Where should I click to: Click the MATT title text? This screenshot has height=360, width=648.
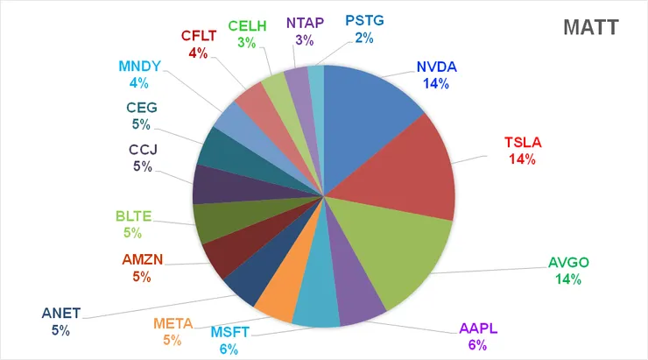coord(592,27)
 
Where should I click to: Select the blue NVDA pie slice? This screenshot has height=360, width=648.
coord(368,105)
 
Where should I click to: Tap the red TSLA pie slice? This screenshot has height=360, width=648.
coord(412,171)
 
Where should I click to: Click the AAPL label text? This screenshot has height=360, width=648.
coord(477,329)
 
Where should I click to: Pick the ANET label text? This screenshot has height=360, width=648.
coord(60,314)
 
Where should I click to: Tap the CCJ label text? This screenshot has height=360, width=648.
coord(141,150)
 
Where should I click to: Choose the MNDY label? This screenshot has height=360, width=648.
coord(140,67)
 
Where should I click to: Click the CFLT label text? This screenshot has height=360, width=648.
coord(200,36)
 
